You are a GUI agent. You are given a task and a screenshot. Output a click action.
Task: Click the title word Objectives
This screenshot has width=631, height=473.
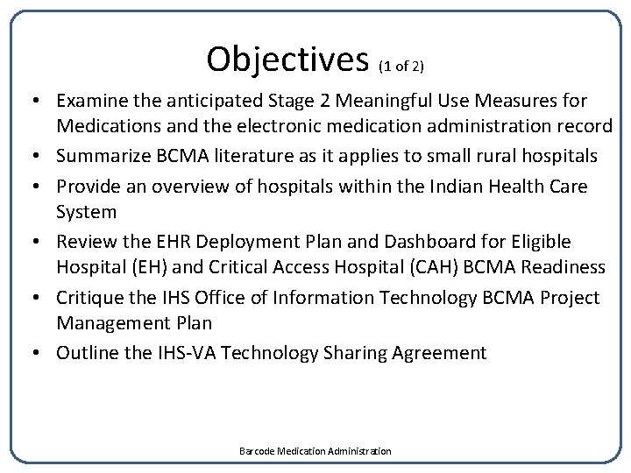(x=287, y=59)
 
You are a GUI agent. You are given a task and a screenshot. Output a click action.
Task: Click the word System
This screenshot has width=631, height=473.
(x=86, y=212)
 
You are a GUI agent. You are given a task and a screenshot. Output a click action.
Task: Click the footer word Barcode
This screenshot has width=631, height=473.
(x=257, y=451)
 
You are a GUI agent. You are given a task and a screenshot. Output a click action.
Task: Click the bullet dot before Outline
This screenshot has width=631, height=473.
(x=40, y=353)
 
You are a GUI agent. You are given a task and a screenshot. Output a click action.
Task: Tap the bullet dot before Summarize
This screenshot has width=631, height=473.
(x=40, y=156)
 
